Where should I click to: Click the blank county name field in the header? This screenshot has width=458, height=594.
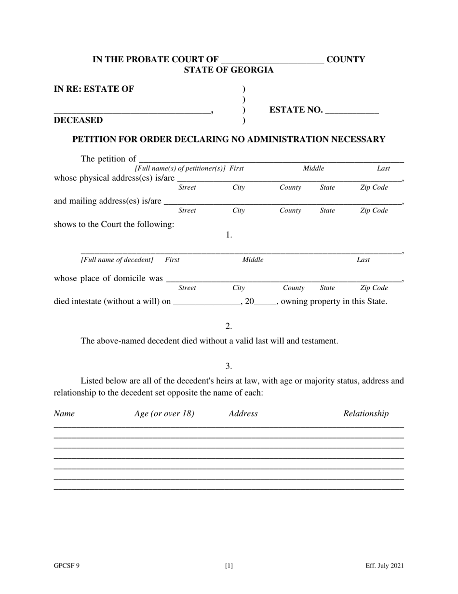tap(272, 60)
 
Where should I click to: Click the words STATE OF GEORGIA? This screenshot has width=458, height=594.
tap(229, 70)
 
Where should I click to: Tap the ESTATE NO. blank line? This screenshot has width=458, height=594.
tap(352, 111)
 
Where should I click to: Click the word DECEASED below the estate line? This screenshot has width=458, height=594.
tap(78, 120)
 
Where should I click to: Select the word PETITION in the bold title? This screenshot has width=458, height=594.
tap(94, 140)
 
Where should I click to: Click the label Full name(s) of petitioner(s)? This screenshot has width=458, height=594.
tap(180, 169)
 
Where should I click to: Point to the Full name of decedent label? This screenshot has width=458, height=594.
tap(117, 260)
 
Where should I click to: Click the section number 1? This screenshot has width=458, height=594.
tap(229, 235)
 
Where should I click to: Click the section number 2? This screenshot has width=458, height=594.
tap(229, 326)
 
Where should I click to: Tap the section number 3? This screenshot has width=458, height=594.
tap(229, 367)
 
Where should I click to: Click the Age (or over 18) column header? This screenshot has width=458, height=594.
tap(164, 413)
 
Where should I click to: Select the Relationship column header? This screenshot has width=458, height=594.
tap(365, 413)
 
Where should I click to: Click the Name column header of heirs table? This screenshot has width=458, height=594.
tap(64, 413)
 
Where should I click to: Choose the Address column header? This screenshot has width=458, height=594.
tap(243, 413)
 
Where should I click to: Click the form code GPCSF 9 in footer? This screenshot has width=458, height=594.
tap(67, 566)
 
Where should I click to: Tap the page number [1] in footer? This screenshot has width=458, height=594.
tap(229, 566)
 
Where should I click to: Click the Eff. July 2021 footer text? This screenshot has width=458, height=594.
tap(384, 566)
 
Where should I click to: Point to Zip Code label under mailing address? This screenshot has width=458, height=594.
tap(374, 211)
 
